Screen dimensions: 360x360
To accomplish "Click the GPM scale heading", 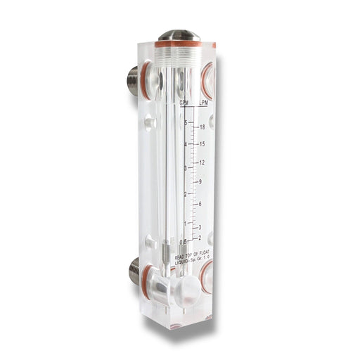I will pyautogui.click(x=184, y=103).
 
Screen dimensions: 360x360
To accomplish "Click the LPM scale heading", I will pyautogui.click(x=203, y=103).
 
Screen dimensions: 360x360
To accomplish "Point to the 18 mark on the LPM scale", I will pyautogui.click(x=202, y=127).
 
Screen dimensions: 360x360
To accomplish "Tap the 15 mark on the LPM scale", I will pyautogui.click(x=202, y=144).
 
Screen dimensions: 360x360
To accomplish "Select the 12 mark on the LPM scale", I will pyautogui.click(x=202, y=163).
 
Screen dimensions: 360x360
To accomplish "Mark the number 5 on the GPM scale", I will pyautogui.click(x=186, y=123).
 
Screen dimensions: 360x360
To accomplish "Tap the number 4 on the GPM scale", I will pyautogui.click(x=185, y=144).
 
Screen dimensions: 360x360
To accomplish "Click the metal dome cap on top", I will pyautogui.click(x=179, y=34).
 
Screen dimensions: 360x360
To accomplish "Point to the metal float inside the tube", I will pyautogui.click(x=164, y=247).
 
